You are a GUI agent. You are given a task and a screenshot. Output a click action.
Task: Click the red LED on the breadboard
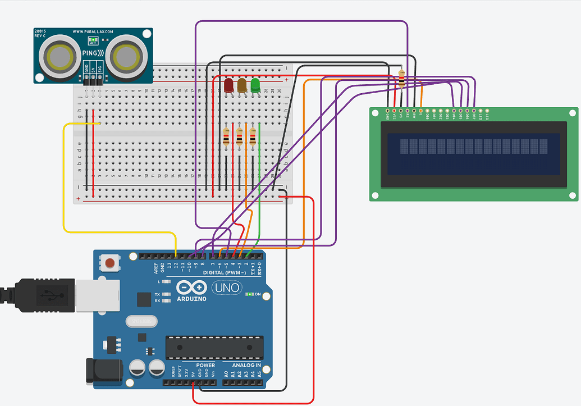point(228,85)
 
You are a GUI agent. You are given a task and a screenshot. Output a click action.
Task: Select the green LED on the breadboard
point(255,85)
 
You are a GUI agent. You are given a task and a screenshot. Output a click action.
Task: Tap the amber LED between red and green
point(242,85)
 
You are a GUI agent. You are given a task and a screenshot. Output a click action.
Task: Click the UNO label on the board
point(227,288)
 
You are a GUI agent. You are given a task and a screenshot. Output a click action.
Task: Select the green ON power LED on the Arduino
point(249,294)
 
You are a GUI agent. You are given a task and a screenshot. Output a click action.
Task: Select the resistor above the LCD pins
point(401,78)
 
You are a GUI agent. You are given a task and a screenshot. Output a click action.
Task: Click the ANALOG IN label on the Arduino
point(243,364)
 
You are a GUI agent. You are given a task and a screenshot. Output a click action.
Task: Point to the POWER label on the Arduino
point(205,364)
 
